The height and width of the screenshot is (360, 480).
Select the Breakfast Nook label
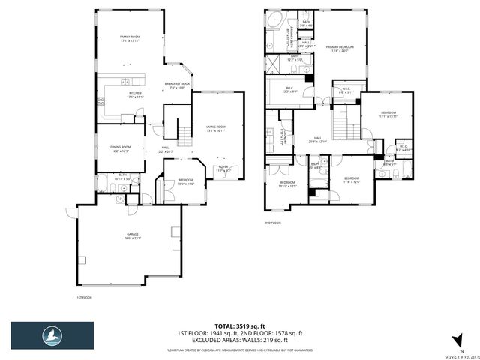tap(178, 85)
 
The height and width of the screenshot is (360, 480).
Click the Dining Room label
tap(121, 148)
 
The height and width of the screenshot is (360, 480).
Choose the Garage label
tap(133, 236)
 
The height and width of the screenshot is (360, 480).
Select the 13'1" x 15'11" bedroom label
tap(388, 114)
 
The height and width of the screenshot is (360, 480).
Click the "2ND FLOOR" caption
tap(271, 223)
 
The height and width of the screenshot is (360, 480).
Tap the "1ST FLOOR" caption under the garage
tap(84, 298)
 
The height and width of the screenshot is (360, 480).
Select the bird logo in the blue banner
tap(52, 334)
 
